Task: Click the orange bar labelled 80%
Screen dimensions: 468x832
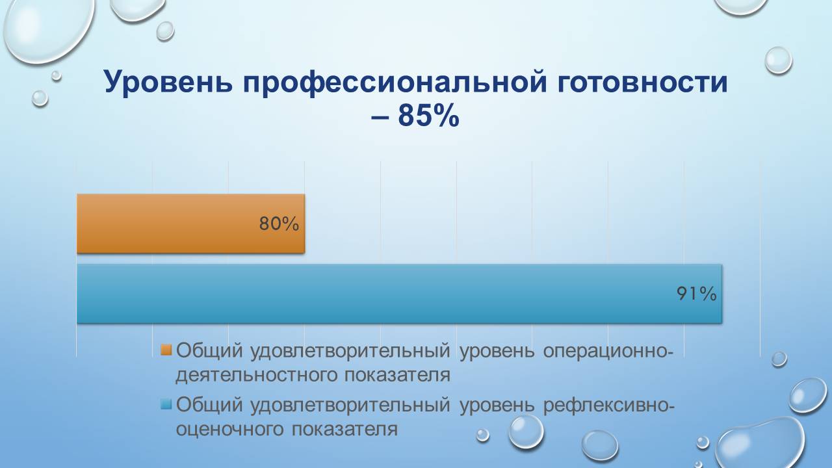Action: click(x=190, y=223)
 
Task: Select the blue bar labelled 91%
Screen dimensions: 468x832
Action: click(x=398, y=293)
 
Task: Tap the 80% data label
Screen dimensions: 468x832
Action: click(x=279, y=224)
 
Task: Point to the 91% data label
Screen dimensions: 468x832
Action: click(x=696, y=294)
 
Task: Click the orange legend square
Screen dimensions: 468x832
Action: click(x=166, y=350)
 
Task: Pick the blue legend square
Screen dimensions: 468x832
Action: click(x=166, y=404)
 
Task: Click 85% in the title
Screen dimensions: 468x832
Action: click(x=428, y=117)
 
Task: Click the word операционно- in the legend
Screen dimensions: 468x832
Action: click(x=608, y=350)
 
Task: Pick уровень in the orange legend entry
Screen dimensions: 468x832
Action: click(x=497, y=350)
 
